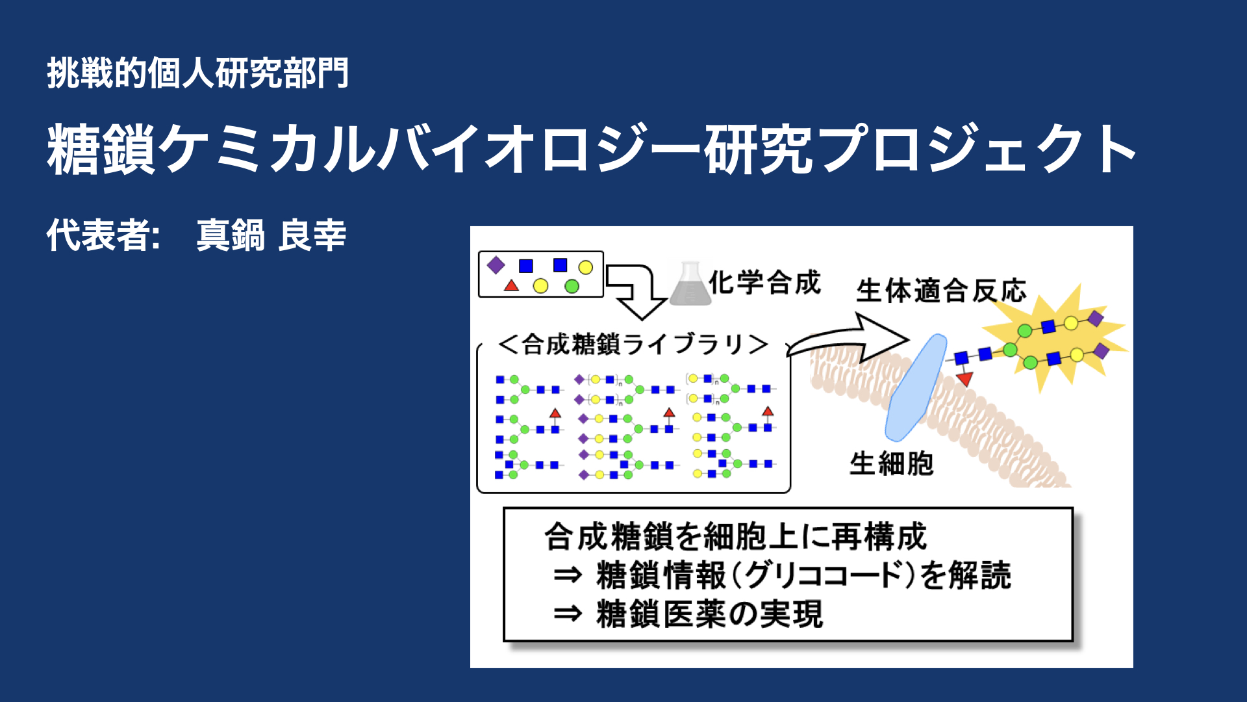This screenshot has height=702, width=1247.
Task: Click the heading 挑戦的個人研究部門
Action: click(198, 73)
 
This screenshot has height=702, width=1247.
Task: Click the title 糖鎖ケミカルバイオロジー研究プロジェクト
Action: click(592, 149)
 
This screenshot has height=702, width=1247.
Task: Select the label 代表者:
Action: click(103, 235)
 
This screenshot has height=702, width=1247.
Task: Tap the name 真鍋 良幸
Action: click(271, 235)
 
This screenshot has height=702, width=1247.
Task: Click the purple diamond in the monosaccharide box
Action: click(496, 265)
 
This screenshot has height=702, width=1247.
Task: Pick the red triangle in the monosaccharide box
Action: click(512, 285)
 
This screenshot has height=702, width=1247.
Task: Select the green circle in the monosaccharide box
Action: click(572, 286)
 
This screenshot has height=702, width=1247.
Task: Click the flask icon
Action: click(690, 283)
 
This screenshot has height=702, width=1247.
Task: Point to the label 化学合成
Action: click(765, 283)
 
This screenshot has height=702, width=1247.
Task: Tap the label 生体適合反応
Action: click(941, 291)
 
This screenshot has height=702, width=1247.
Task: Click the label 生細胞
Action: click(892, 464)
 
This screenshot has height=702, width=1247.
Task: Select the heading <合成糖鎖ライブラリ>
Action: click(633, 344)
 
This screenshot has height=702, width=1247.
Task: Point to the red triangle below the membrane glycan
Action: click(964, 378)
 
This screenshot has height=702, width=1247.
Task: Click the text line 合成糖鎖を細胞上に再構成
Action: click(735, 536)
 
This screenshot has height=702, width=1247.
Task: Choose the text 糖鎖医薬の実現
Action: click(710, 614)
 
